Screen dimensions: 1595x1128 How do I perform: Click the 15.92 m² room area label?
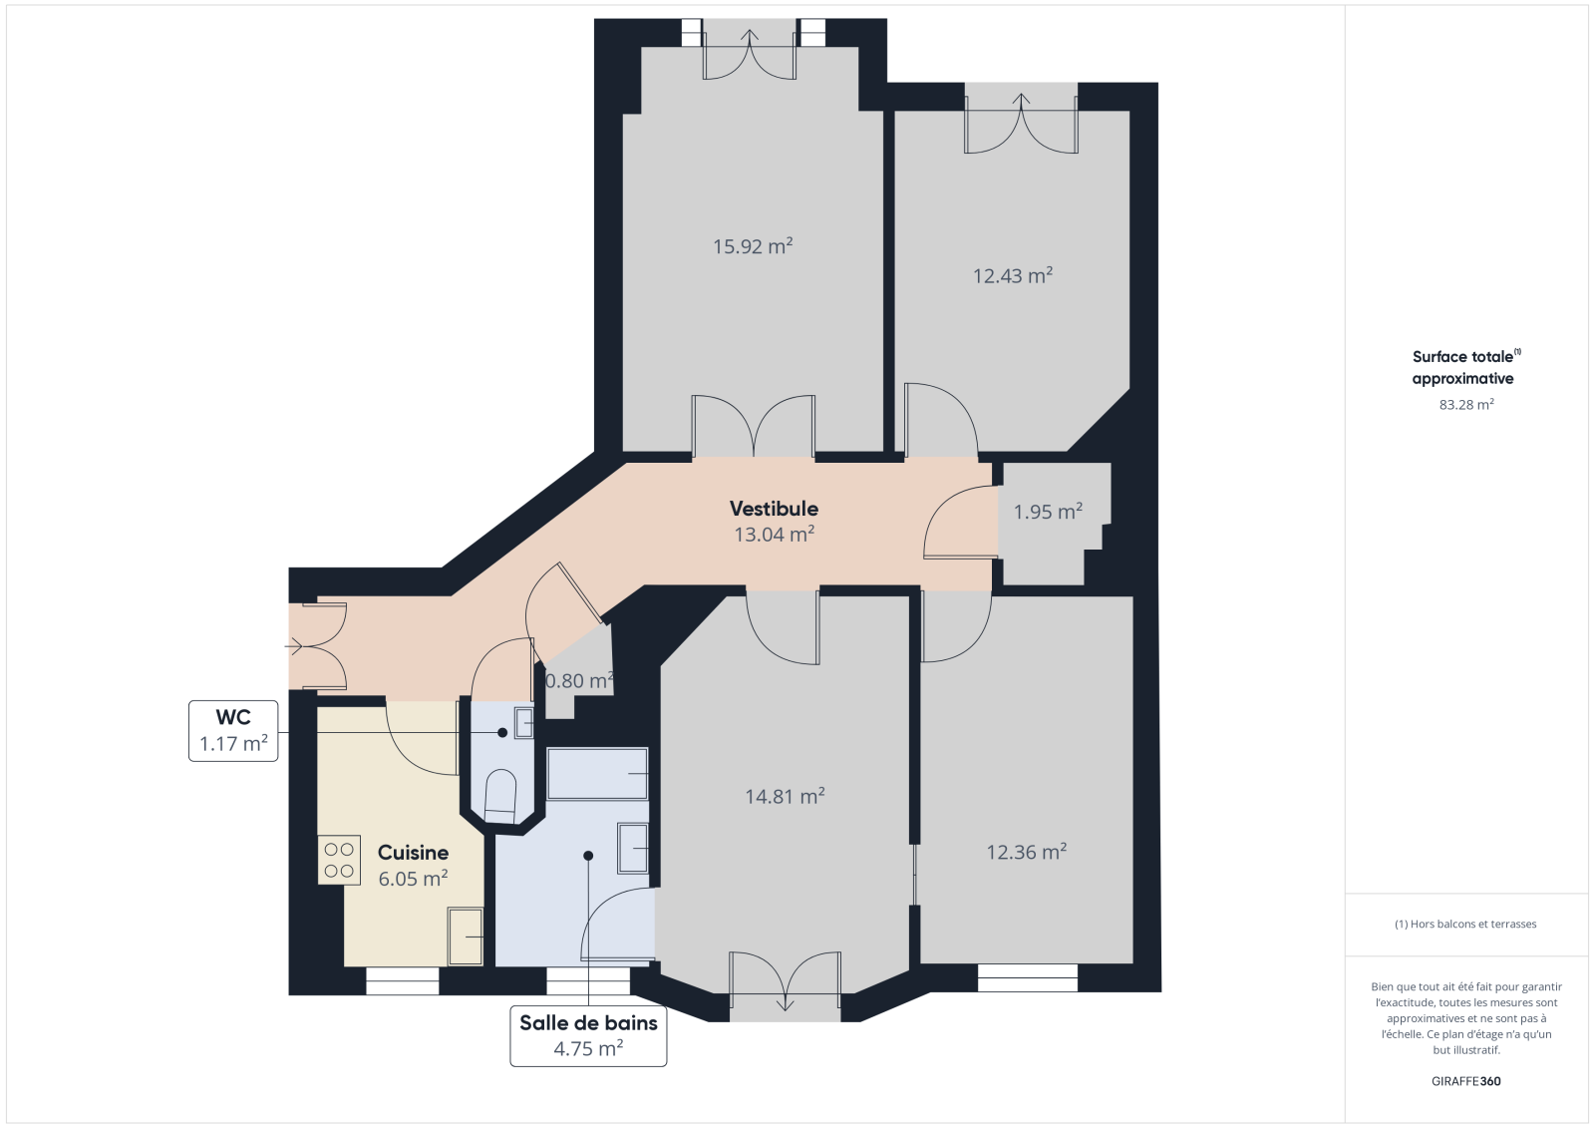click(x=753, y=246)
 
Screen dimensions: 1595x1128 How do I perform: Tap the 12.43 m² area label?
click(x=1013, y=275)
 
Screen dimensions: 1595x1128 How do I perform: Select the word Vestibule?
click(x=774, y=509)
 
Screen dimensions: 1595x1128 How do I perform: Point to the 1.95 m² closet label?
click(x=1048, y=512)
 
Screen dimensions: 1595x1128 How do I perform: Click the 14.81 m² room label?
click(x=785, y=796)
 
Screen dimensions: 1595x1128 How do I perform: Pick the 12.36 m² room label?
click(x=1026, y=853)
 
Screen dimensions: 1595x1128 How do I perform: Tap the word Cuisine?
click(x=413, y=853)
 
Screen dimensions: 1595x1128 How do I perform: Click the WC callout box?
click(x=233, y=731)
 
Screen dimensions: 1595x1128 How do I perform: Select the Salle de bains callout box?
click(x=588, y=1036)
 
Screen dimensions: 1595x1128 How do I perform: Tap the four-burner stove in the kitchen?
click(x=339, y=860)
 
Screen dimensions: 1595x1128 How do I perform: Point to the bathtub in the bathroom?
click(x=597, y=773)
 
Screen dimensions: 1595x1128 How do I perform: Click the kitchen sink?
click(x=465, y=937)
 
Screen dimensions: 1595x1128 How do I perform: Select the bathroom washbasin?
click(x=632, y=848)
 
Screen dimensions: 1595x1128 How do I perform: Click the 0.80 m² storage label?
click(x=579, y=681)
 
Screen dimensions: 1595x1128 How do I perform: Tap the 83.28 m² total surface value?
click(x=1466, y=405)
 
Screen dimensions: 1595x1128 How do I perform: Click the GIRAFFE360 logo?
click(x=1465, y=1081)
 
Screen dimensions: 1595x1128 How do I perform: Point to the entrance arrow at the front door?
click(x=293, y=647)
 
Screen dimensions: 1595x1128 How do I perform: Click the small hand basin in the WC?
click(x=524, y=723)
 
